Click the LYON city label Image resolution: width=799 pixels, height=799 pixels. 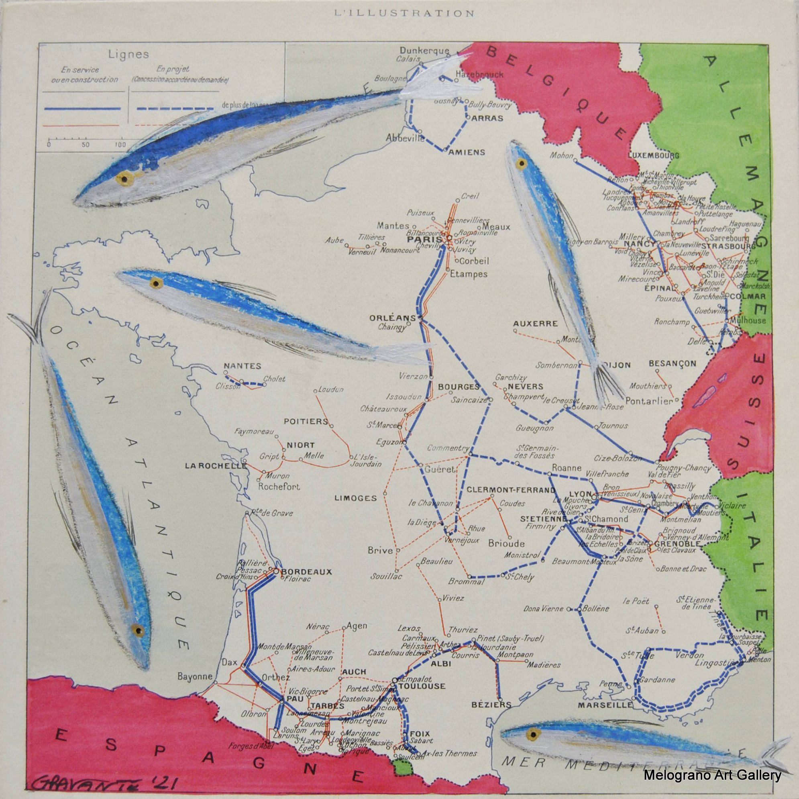click(578, 494)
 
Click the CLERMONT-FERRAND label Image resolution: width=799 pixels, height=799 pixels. click(511, 490)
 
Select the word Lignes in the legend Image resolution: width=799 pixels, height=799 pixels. click(123, 54)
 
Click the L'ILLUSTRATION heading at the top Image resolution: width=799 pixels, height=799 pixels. click(404, 14)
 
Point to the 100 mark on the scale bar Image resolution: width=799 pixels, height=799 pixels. click(120, 145)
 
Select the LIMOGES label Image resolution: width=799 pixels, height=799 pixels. click(355, 498)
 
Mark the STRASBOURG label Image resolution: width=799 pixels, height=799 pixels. click(726, 247)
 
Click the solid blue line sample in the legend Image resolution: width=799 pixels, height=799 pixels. click(82, 108)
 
